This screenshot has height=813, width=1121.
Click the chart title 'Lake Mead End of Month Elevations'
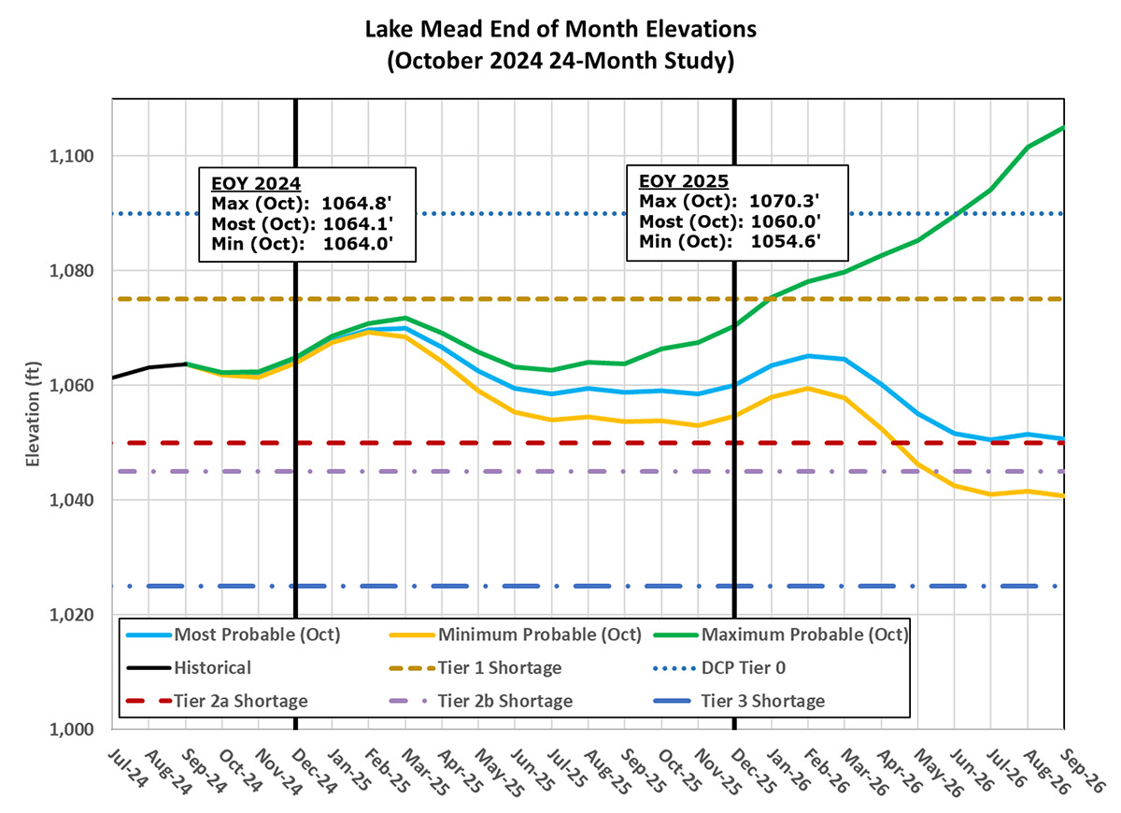560,29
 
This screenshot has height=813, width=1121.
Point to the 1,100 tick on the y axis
82,156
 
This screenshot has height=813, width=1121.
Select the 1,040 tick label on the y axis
82,501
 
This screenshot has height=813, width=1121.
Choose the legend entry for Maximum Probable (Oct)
803,635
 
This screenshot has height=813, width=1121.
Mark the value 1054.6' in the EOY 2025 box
786,242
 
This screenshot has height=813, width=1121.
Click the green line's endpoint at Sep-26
1063,128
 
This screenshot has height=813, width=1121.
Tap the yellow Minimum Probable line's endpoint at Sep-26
1063,495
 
